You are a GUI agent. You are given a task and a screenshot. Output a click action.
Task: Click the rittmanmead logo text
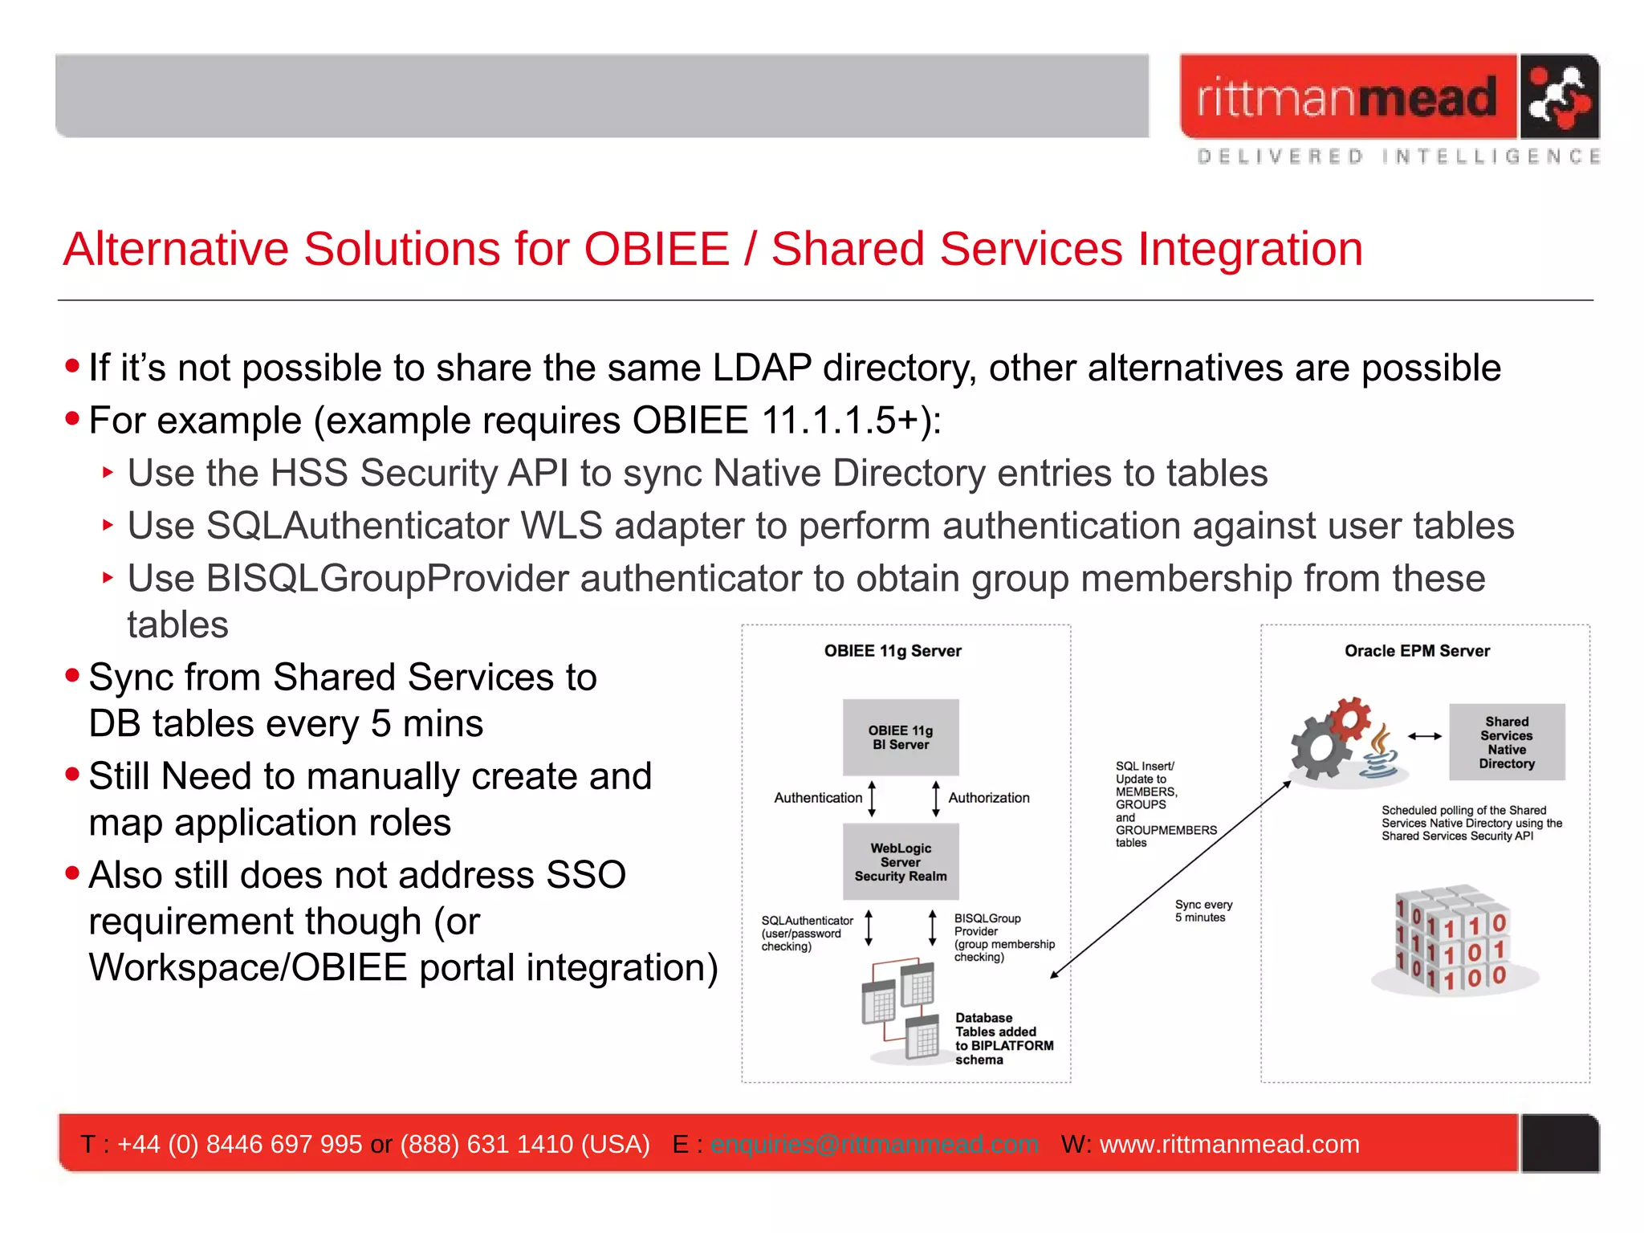tap(1347, 98)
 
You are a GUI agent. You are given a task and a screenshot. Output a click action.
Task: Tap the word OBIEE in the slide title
tap(656, 249)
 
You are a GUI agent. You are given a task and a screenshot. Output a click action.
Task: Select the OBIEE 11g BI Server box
tap(900, 737)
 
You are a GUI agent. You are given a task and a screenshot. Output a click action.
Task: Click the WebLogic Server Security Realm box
tap(900, 861)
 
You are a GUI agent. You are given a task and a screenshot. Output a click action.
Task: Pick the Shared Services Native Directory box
tap(1506, 743)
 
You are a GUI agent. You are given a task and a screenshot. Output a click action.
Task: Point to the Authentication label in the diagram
tap(817, 798)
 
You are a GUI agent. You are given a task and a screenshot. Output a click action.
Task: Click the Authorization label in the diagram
tap(988, 798)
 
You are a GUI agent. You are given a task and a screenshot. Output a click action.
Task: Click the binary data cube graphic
tap(1454, 940)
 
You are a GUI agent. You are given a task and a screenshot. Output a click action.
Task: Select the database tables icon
tap(901, 1010)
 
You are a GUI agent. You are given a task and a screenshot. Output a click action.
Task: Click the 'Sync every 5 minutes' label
tap(1202, 911)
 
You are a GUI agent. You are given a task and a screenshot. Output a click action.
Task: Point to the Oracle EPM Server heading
tap(1417, 651)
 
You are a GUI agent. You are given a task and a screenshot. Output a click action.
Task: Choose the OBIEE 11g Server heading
tap(892, 651)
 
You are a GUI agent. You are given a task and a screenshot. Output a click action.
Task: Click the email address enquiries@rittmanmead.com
tap(873, 1144)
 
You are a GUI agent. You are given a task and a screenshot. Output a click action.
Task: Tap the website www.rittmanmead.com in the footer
tap(1229, 1144)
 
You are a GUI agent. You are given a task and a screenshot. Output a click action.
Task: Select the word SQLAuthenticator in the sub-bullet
tap(358, 527)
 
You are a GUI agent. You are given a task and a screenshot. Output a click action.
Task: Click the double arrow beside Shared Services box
tap(1424, 736)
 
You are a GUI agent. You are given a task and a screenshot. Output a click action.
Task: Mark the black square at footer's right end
tap(1559, 1143)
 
